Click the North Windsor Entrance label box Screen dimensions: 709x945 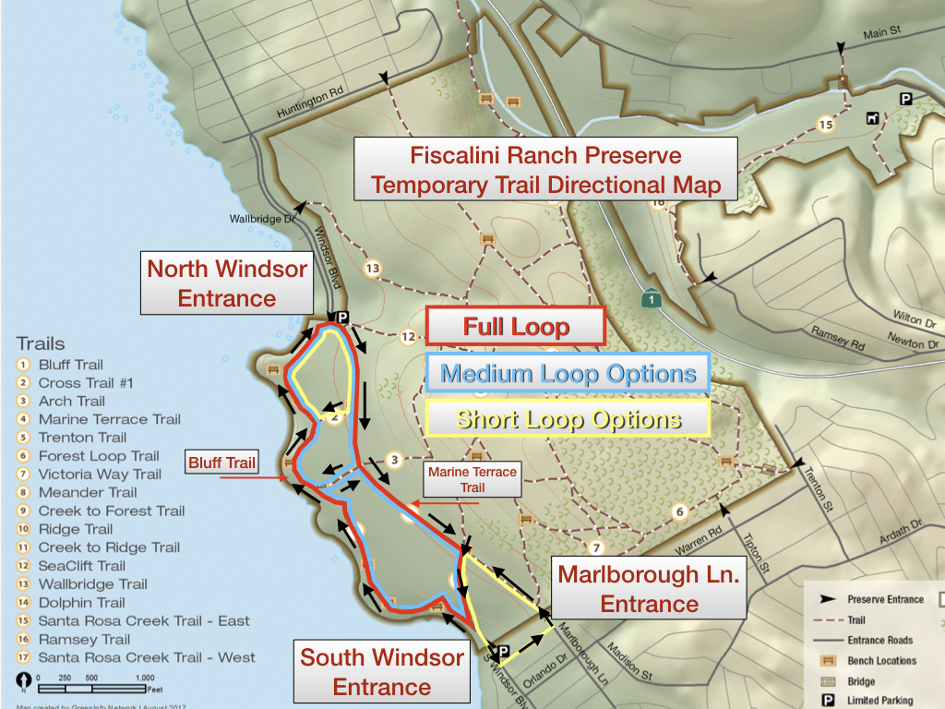227,283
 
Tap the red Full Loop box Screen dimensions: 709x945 516,327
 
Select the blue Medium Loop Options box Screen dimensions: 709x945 568,374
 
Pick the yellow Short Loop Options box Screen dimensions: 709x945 568,419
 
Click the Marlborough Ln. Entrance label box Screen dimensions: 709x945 649,589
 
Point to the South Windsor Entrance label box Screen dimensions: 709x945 381,672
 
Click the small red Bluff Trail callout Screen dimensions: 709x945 222,463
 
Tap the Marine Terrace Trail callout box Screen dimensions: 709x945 472,479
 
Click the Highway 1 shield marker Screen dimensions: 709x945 651,299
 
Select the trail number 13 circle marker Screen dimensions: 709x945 372,269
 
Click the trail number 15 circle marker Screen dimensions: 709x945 825,124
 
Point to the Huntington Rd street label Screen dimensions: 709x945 309,102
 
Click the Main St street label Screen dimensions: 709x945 881,33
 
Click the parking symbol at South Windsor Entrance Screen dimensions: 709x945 503,650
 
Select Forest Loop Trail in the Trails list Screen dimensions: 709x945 99,456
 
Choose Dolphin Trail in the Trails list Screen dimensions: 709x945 81,603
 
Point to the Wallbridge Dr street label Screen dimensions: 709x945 262,220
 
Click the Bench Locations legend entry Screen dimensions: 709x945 881,661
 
